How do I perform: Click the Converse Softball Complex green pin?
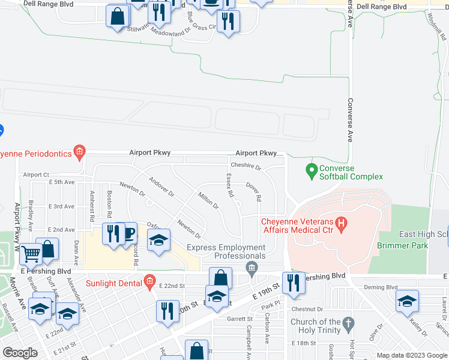(311, 172)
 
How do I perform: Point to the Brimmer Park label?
(402, 245)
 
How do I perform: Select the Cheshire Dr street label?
(246, 167)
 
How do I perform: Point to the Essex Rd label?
(229, 186)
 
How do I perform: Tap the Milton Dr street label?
(208, 200)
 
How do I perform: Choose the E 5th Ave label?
(62, 181)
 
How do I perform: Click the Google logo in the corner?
(20, 353)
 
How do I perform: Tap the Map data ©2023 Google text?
(412, 355)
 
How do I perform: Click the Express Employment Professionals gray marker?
(252, 266)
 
